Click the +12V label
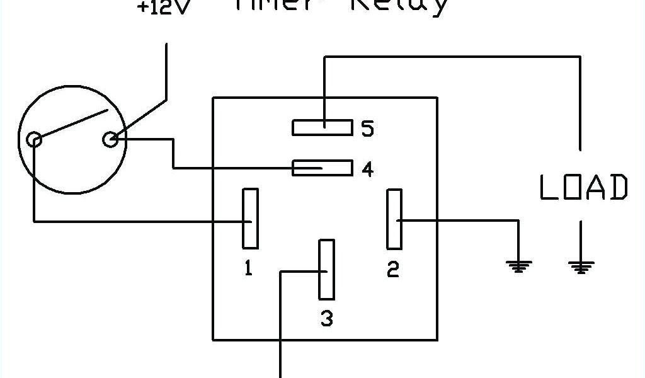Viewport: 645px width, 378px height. point(163,9)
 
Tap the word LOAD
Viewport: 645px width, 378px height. point(584,188)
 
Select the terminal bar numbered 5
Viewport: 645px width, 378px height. point(322,127)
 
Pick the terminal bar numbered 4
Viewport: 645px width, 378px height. point(322,168)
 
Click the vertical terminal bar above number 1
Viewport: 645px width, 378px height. point(250,218)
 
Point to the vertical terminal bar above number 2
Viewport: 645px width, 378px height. point(394,219)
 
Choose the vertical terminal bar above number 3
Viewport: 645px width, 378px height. point(326,269)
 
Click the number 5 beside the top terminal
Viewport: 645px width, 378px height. point(367,129)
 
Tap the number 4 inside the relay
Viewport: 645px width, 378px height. point(367,169)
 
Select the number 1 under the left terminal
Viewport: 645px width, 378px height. point(249,269)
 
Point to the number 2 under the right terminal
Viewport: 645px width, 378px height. point(393,270)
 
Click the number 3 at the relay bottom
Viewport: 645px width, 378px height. point(326,319)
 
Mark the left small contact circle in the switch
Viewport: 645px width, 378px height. point(35,139)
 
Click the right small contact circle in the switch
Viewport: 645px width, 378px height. point(110,139)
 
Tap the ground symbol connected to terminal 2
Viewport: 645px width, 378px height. point(518,266)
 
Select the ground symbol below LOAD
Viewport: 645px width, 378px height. point(580,266)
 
